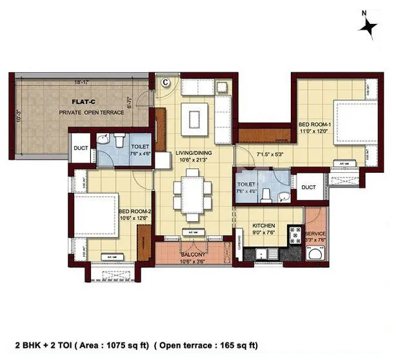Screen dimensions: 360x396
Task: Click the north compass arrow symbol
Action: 370,26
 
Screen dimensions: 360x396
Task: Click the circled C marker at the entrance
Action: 165,82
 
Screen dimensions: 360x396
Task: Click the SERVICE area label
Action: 315,233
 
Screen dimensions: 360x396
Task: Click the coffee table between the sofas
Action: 195,116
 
